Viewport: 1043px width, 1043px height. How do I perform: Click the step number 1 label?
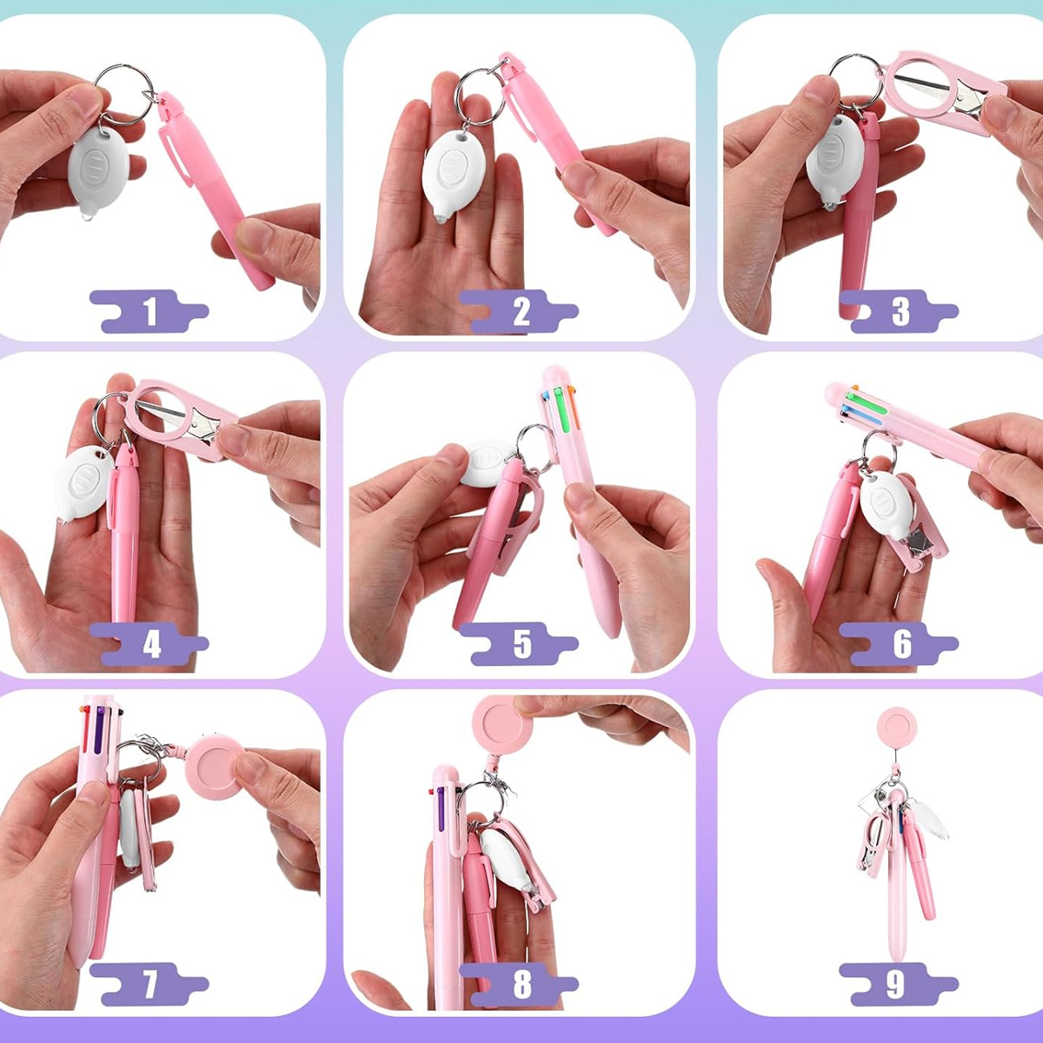pos(149,311)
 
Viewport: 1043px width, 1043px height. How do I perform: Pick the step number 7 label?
pos(149,984)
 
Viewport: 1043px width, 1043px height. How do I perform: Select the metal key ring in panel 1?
pos(124,94)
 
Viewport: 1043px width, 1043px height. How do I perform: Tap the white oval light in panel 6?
pos(886,505)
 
